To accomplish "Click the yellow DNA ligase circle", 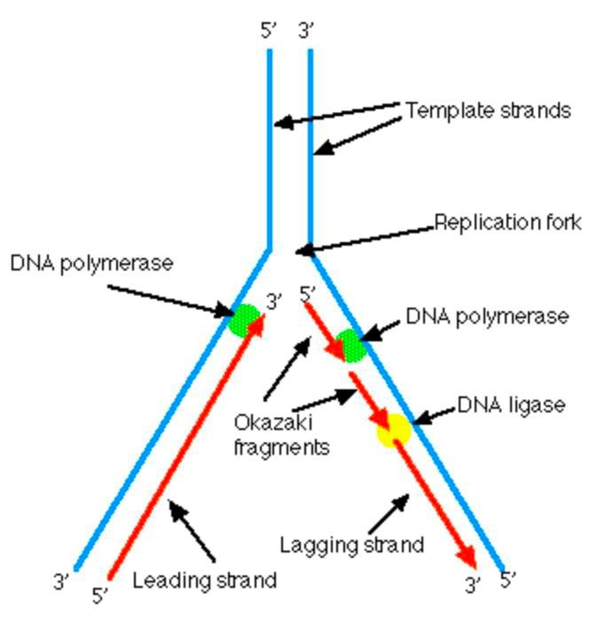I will click(x=394, y=430).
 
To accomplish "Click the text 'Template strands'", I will click(x=488, y=111).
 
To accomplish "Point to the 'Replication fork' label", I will click(x=508, y=223).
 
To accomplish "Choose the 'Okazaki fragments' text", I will click(x=282, y=434).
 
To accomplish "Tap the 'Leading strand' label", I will click(x=205, y=581).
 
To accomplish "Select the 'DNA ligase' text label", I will click(x=511, y=405).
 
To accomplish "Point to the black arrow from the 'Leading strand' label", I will click(x=192, y=531).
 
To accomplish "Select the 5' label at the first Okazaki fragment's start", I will click(x=308, y=293).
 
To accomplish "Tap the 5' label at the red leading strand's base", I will click(x=100, y=595).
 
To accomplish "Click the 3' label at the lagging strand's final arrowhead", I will click(x=473, y=584).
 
